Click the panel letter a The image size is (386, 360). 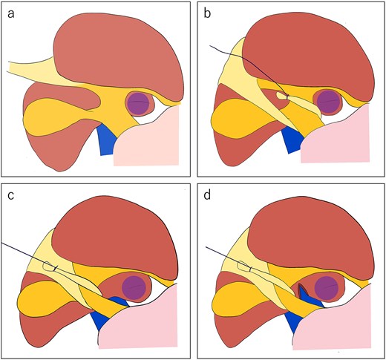coord(11,14)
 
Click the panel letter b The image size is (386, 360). coord(207,13)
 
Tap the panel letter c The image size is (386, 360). coord(10,196)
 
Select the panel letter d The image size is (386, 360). coord(207,195)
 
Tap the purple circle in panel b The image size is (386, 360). coord(329,102)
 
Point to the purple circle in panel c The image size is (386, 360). coord(134,287)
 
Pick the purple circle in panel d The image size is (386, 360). coord(327,289)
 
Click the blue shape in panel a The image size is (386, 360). coord(106,140)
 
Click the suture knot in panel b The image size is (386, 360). coord(287,96)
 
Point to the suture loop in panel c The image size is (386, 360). coord(49,266)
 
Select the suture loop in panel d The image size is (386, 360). coord(243,266)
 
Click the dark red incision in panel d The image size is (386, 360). coord(302,292)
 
